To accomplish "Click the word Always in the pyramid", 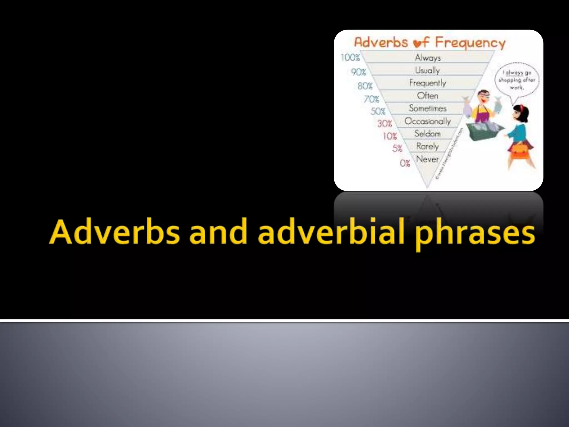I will pyautogui.click(x=428, y=58).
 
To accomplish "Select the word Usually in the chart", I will pyautogui.click(x=427, y=70).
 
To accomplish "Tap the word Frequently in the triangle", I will pyautogui.click(x=427, y=83).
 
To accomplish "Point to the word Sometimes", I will pyautogui.click(x=427, y=108).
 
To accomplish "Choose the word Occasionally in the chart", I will pyautogui.click(x=427, y=121).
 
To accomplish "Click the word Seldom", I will pyautogui.click(x=427, y=134).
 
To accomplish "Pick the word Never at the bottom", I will pyautogui.click(x=427, y=159).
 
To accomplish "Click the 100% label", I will pyautogui.click(x=350, y=58).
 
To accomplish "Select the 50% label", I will pyautogui.click(x=378, y=111).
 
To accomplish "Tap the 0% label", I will pyautogui.click(x=405, y=163).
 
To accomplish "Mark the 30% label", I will pyautogui.click(x=385, y=123).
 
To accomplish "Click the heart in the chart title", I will pyautogui.click(x=417, y=44).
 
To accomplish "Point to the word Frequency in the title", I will pyautogui.click(x=470, y=43).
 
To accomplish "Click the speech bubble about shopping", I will pyautogui.click(x=517, y=80).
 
